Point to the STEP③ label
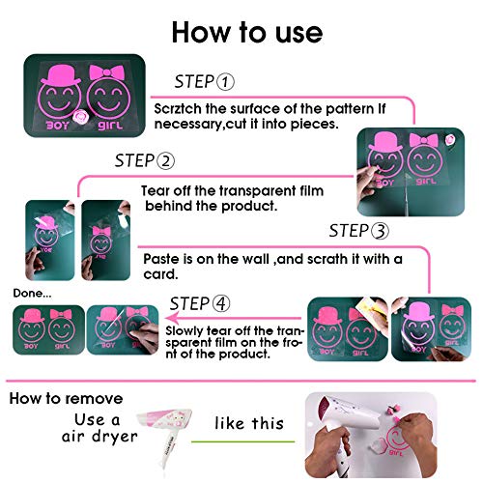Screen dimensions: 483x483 pos(359,231)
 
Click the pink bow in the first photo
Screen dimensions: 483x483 pos(105,73)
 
